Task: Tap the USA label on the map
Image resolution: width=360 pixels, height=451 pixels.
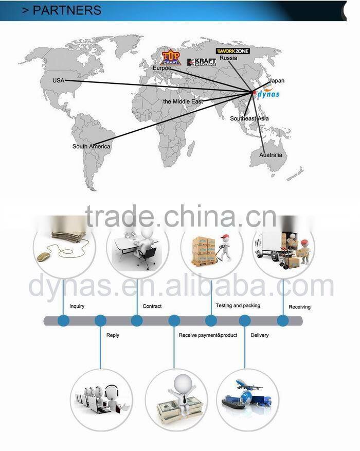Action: click(58, 81)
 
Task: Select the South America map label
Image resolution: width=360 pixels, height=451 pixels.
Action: click(91, 147)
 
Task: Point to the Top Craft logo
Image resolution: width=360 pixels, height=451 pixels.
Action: click(170, 57)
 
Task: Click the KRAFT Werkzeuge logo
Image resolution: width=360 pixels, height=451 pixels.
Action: click(201, 62)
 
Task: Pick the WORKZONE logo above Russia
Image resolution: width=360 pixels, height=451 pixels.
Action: click(232, 51)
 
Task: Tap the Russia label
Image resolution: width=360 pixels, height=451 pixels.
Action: click(228, 58)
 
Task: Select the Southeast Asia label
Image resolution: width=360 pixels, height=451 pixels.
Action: click(249, 119)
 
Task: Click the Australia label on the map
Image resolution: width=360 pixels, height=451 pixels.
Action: click(271, 155)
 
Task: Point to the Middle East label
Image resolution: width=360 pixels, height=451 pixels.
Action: click(183, 102)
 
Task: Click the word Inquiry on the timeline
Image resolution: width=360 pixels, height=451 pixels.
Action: click(77, 306)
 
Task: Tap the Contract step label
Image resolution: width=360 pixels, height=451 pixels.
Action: click(152, 306)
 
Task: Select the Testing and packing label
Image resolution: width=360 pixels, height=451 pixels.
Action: click(238, 306)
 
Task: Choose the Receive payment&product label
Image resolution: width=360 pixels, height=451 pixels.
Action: click(208, 335)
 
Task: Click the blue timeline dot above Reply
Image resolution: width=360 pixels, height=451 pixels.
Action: click(100, 321)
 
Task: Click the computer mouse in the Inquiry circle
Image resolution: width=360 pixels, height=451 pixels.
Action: click(44, 256)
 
